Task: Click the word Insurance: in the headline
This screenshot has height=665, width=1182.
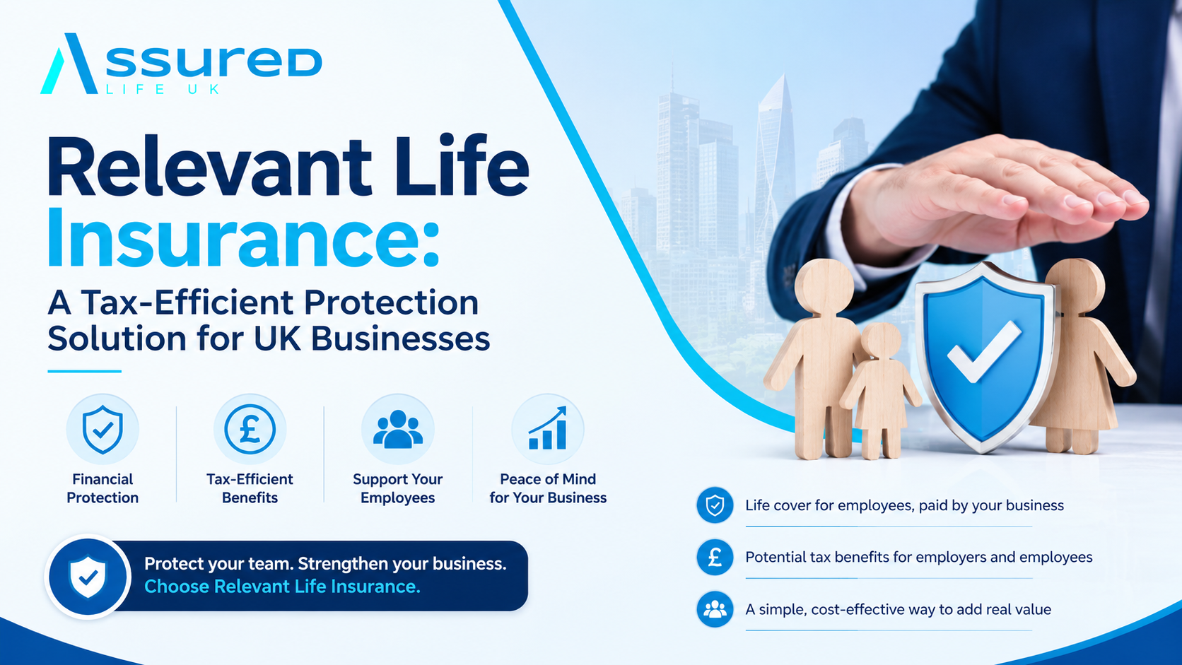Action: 243,238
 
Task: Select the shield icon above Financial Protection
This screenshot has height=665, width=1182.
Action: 103,430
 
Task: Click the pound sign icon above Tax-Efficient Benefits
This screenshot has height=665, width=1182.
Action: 250,429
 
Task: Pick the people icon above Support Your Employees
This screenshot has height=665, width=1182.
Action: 398,429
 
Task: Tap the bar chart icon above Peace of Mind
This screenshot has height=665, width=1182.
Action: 548,428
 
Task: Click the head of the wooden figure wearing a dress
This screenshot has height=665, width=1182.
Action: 1075,286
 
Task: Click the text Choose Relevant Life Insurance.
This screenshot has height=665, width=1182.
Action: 282,587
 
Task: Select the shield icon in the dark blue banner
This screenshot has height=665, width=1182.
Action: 88,577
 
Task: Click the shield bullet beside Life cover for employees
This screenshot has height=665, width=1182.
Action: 715,505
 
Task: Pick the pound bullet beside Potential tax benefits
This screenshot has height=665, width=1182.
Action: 715,557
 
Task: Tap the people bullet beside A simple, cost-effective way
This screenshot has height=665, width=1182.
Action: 715,609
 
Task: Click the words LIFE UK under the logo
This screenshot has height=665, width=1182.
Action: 163,89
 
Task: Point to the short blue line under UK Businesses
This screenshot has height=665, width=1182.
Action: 84,371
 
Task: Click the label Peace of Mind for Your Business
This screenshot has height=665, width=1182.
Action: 548,488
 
